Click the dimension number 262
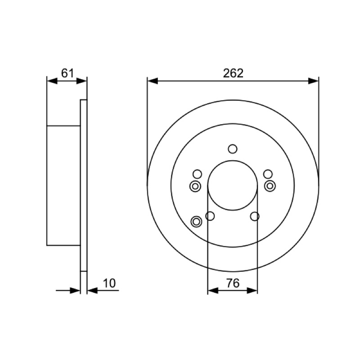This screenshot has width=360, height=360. tap(233, 73)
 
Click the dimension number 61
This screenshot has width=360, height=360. tap(68, 73)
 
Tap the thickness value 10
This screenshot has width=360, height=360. tap(109, 283)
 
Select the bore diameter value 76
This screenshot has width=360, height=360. tap(233, 283)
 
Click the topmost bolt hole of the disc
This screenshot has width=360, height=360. tap(233, 149)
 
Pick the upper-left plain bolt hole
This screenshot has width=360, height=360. tap(197, 174)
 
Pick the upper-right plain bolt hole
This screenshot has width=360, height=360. tap(268, 174)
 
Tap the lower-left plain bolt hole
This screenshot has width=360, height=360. tap(210, 216)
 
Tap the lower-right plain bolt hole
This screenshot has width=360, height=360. tap(255, 216)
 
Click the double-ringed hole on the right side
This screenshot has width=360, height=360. tap(270, 186)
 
